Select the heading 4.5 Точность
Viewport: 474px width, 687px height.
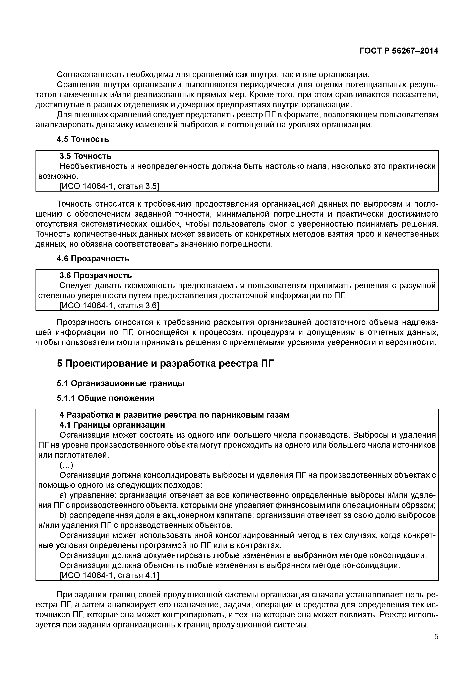(x=83, y=139)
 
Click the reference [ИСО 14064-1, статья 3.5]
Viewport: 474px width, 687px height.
(x=109, y=186)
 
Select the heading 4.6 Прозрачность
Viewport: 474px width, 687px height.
(x=93, y=259)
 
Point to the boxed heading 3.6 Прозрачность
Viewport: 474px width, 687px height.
(x=96, y=276)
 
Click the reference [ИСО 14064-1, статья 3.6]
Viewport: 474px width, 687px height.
(x=109, y=305)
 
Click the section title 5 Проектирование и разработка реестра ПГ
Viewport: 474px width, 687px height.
(x=165, y=363)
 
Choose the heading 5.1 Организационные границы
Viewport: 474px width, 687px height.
(x=121, y=384)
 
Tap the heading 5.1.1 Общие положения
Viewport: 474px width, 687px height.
(x=105, y=398)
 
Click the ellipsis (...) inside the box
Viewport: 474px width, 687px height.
(x=66, y=465)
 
